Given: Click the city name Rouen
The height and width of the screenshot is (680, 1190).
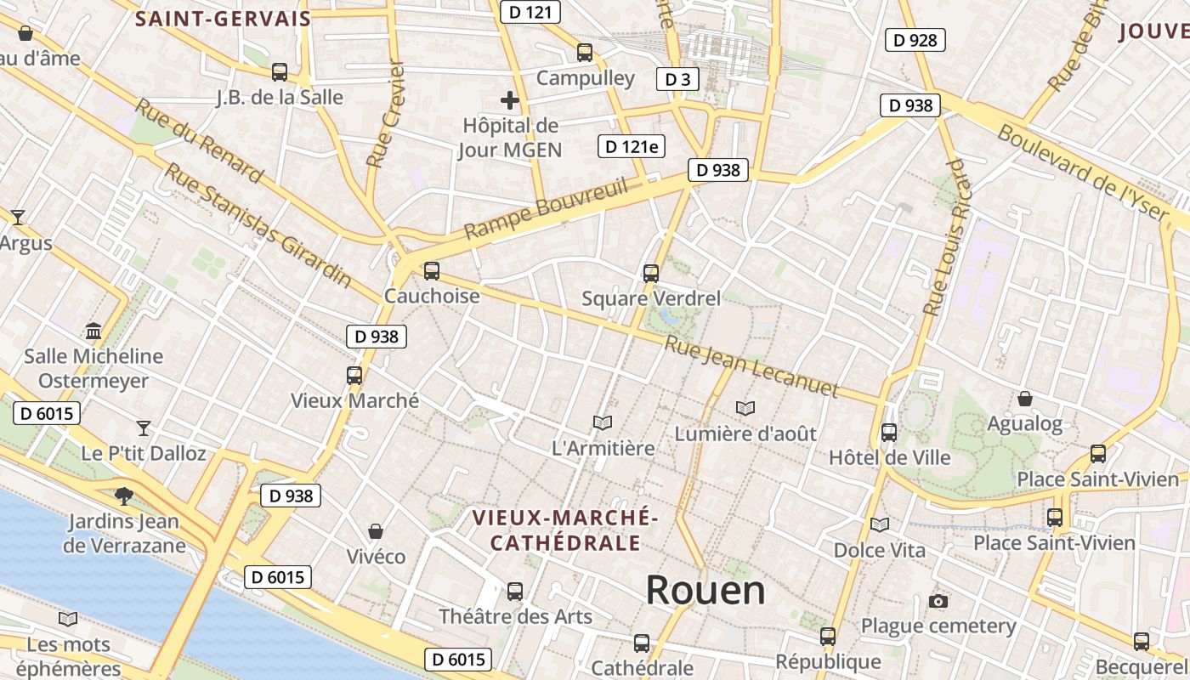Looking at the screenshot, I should (705, 589).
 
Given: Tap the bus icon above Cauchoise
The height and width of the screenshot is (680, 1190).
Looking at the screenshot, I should (432, 271).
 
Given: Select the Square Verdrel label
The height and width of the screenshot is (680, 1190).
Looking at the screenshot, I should (651, 298).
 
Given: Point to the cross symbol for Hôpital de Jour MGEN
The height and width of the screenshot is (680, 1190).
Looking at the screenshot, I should (510, 101).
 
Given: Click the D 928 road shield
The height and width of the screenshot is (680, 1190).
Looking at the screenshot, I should (915, 39).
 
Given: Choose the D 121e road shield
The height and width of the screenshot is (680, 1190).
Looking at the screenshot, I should (630, 146).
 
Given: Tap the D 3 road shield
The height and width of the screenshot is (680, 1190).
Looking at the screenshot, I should (677, 80).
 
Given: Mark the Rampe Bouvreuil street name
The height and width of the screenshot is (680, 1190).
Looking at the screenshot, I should (546, 208).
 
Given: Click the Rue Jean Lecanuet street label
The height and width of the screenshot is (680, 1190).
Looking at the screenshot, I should (751, 367).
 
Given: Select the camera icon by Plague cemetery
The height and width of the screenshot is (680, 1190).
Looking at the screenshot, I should (938, 602).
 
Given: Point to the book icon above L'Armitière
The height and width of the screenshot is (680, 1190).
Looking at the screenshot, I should (603, 422).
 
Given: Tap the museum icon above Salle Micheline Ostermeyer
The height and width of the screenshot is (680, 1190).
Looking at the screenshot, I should (93, 331).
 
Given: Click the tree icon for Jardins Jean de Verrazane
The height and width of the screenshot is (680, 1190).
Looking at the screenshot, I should (124, 496).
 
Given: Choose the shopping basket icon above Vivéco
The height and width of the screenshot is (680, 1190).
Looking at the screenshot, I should (376, 531).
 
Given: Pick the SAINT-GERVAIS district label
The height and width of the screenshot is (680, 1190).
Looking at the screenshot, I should (223, 19).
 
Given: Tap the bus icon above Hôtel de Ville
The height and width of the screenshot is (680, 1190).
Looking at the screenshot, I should (889, 432).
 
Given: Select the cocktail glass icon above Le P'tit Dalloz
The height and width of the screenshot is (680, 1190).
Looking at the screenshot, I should (144, 428).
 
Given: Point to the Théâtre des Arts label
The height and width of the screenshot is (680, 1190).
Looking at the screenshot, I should (515, 616).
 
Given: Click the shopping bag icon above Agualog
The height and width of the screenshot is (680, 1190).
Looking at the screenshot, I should (1025, 398).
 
